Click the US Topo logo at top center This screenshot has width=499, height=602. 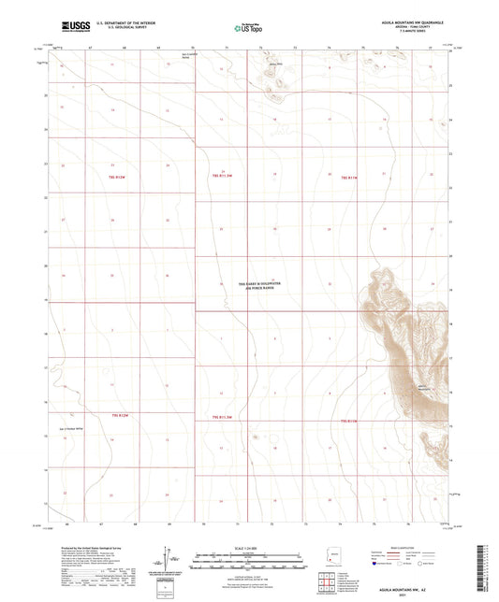coord(245,29)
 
